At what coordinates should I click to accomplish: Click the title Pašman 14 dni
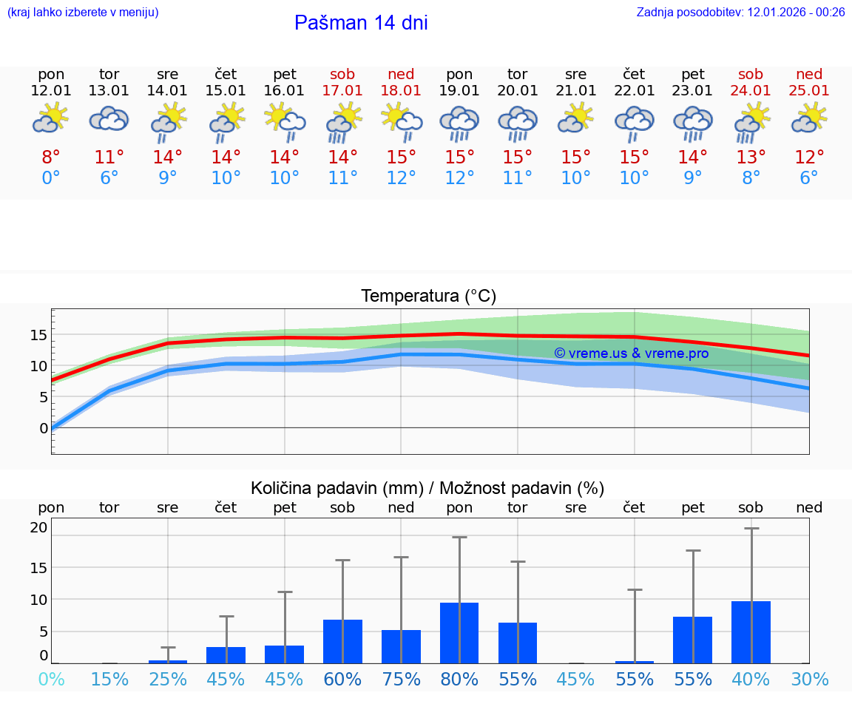coord(361,23)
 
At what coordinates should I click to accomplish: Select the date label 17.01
coord(342,90)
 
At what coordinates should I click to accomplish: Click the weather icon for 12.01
coord(51,118)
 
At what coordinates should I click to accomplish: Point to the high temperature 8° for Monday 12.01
coord(51,158)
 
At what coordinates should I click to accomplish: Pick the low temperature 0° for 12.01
coord(51,178)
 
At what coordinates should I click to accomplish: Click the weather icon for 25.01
coord(809,118)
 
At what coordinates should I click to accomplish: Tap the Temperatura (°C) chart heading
coord(428,296)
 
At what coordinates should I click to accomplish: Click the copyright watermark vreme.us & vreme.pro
coord(631,353)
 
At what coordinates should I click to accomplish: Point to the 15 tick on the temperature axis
coord(38,335)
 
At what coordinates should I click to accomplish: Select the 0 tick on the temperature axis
coord(43,427)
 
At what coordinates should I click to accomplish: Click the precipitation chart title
coord(427,488)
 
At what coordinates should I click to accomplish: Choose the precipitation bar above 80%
coord(459,633)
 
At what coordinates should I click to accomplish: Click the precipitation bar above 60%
coord(342,641)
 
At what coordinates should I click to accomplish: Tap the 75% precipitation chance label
coord(401,679)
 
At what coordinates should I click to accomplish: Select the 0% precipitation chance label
coord(51,679)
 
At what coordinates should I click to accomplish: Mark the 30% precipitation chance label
coord(809,679)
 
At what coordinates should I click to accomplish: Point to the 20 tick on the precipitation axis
coord(38,527)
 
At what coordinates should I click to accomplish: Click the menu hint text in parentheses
coord(83,12)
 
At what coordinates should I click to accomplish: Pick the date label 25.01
coord(809,90)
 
